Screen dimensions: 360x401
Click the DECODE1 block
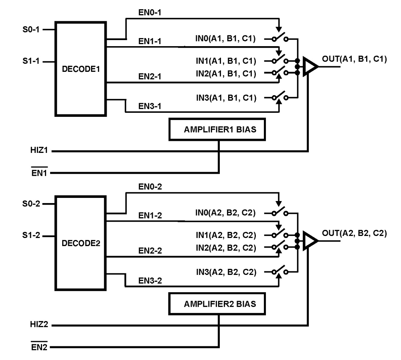click(81, 68)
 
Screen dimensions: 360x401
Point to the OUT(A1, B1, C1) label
click(354, 59)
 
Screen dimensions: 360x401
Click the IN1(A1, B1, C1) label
click(226, 61)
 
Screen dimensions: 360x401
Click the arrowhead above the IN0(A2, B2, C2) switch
click(279, 203)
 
